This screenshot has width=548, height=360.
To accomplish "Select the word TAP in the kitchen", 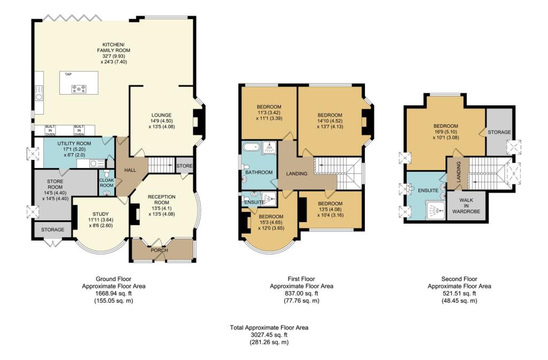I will tap(68, 74).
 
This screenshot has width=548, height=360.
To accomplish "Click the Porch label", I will tap(159, 250).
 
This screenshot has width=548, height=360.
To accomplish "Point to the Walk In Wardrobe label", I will tap(466, 205).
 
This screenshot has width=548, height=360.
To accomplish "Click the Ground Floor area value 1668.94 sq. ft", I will tap(113, 293).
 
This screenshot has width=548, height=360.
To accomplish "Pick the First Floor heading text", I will tap(301, 279).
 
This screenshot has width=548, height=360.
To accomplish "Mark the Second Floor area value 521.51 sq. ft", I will tap(459, 293).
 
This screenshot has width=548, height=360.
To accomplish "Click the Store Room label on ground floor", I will tap(51, 180).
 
